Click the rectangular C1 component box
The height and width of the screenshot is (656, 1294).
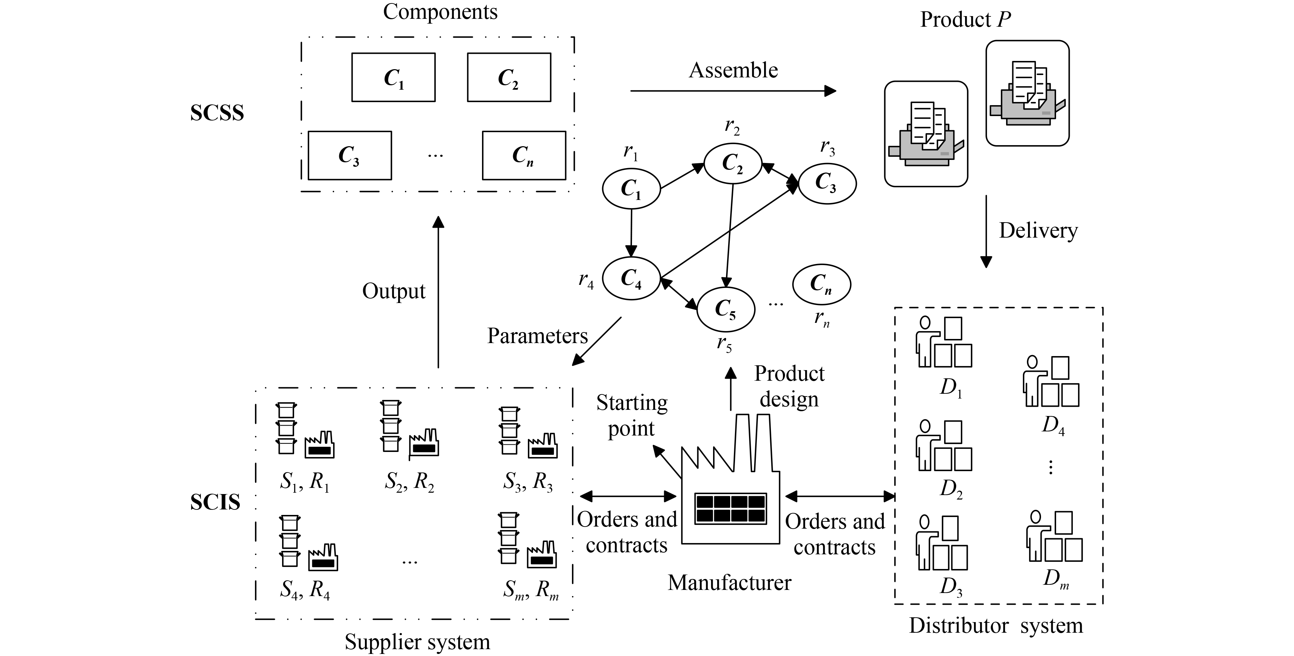coord(393,78)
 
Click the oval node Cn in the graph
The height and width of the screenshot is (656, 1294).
coord(821,284)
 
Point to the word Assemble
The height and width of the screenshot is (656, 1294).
coord(733,70)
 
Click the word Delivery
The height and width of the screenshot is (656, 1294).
coord(1038,230)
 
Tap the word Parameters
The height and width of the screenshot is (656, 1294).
coord(537,336)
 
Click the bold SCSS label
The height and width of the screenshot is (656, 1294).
coord(217,113)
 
